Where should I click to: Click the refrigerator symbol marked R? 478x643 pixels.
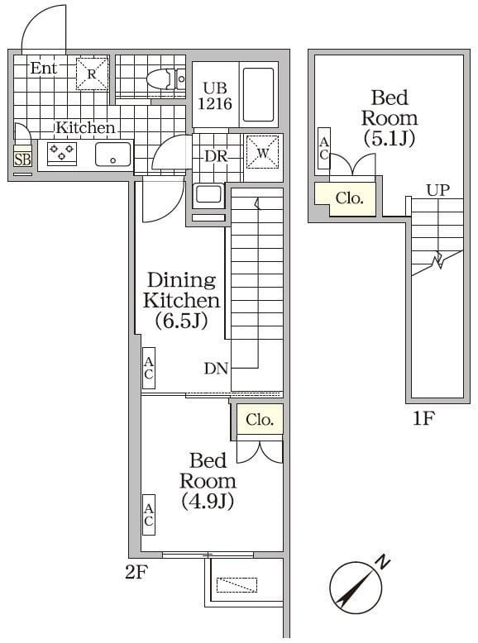[93, 74]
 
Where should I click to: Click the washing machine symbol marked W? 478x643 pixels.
[262, 151]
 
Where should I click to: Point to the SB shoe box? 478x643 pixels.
[22, 158]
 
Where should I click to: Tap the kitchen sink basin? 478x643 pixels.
[112, 154]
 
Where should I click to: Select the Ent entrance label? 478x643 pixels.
[44, 69]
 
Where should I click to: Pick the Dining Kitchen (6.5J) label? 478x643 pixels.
[181, 301]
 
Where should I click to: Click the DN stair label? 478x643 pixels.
[216, 369]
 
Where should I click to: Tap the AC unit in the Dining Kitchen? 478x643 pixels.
[149, 368]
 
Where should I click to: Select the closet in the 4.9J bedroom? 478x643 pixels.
[259, 420]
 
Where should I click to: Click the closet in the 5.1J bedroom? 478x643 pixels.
[348, 198]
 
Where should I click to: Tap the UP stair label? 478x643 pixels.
[437, 189]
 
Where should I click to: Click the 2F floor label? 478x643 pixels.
[136, 571]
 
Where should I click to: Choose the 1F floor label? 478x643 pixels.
[423, 418]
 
